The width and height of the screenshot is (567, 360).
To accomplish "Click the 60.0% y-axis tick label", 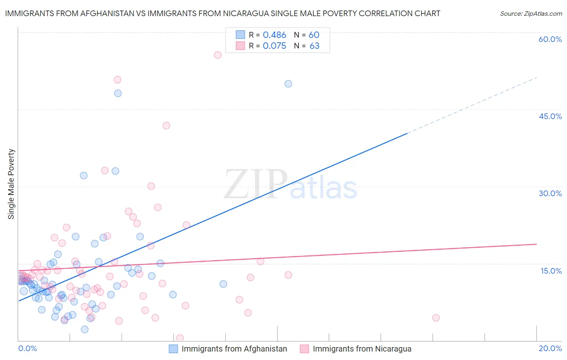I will [x=550, y=39].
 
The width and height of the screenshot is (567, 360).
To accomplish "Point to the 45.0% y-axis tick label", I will [x=550, y=116].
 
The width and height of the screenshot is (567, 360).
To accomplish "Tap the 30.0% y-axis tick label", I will [x=550, y=193].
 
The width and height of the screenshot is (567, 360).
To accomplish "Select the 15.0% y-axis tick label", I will [x=551, y=271].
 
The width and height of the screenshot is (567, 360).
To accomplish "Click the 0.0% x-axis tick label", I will [x=27, y=348].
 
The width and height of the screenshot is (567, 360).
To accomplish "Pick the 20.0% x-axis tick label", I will [x=550, y=348].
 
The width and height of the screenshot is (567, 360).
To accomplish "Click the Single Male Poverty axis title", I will [x=11, y=184].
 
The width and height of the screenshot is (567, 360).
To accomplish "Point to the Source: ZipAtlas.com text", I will [x=531, y=13].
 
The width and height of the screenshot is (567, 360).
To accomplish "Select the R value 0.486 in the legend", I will [x=274, y=35].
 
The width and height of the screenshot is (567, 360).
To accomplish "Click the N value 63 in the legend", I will [x=314, y=46].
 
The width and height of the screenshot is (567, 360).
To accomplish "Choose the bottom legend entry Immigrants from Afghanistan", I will [x=234, y=349].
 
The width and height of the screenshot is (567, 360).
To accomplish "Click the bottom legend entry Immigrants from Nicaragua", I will [x=362, y=349].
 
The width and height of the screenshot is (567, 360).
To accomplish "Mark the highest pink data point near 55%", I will [x=218, y=55].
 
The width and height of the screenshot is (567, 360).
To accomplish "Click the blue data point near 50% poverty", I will [x=288, y=84].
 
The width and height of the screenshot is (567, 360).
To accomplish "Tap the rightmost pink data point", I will [x=436, y=318].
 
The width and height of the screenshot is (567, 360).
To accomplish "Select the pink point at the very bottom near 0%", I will [x=180, y=338].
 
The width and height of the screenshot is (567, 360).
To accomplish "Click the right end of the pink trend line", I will [x=536, y=244].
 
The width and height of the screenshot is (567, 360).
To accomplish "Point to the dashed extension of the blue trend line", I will [x=472, y=105].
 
